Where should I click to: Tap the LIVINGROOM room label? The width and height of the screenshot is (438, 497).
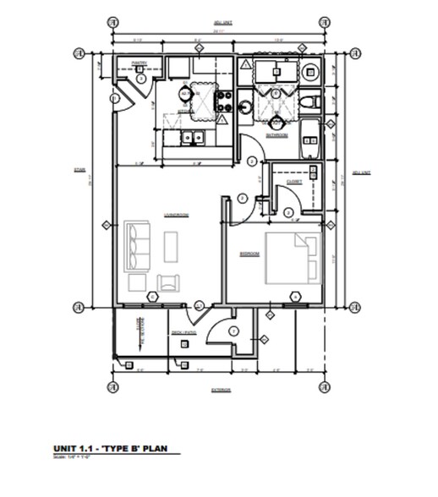(x=176, y=215)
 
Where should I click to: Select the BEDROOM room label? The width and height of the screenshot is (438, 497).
(x=249, y=253)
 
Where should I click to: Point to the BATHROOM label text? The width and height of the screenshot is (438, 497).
(x=277, y=135)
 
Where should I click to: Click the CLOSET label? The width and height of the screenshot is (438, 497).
(x=294, y=180)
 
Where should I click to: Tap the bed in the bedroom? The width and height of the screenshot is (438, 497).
(x=291, y=259)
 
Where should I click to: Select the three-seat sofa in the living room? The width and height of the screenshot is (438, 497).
(x=134, y=245)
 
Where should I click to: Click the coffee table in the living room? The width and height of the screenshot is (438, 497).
(x=171, y=246)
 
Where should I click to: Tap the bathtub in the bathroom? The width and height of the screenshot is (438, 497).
(x=309, y=139)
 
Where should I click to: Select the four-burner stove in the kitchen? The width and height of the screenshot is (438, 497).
(x=227, y=102)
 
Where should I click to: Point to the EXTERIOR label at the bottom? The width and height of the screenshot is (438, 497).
(x=222, y=390)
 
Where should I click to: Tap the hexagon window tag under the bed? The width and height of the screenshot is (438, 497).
(x=295, y=296)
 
